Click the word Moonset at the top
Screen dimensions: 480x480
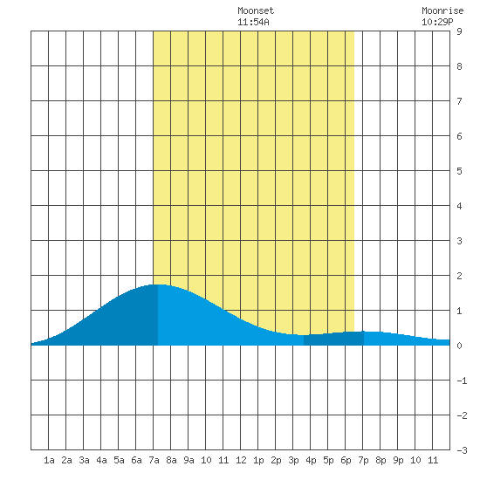[256, 10]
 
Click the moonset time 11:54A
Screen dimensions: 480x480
[253, 22]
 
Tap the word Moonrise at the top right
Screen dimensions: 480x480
[442, 10]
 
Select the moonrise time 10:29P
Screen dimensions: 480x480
[437, 22]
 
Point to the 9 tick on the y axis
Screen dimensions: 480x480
[459, 31]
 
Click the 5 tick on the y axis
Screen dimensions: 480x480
[459, 171]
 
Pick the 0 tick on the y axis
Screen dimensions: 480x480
[459, 346]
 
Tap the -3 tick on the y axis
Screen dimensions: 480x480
[462, 450]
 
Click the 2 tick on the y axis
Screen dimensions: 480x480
[459, 276]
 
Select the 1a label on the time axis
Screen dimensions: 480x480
[49, 460]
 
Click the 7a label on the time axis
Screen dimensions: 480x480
[154, 460]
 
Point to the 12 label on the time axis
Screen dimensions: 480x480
[241, 460]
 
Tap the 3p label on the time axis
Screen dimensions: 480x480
[293, 460]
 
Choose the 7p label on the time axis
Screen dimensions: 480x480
[363, 460]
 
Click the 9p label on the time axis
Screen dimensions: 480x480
[398, 460]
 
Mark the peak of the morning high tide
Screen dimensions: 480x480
[158, 285]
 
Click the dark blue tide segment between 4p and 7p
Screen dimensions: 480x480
[333, 339]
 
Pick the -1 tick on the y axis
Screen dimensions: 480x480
[462, 381]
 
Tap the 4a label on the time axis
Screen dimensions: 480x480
[101, 460]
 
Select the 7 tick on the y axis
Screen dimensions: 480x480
[459, 101]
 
